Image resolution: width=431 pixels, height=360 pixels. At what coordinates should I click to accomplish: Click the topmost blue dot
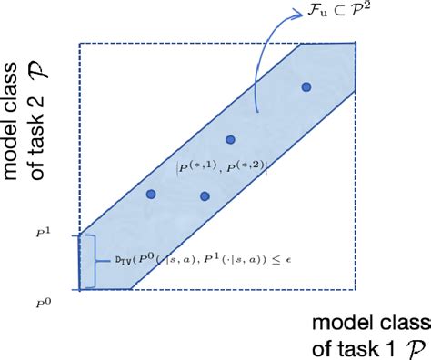[306, 86]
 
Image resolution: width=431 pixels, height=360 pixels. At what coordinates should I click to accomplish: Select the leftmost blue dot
[151, 194]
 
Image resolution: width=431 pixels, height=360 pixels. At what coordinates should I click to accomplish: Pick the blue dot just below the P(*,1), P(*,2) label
[205, 195]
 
